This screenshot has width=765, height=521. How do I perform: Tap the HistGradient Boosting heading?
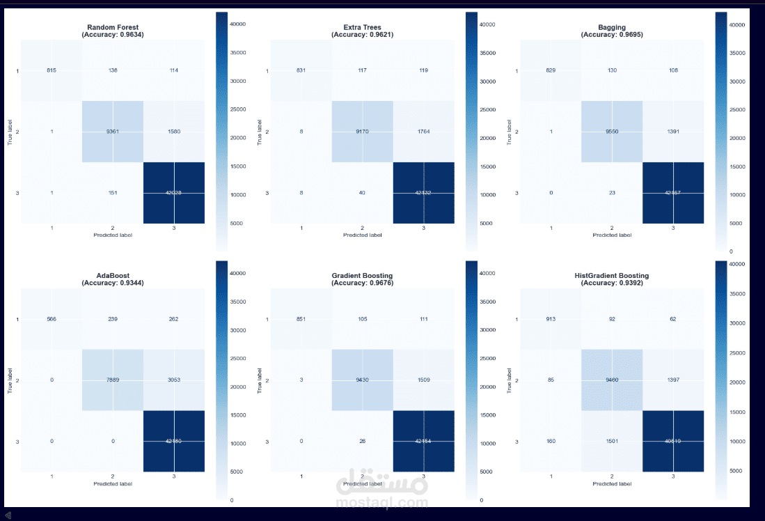pos(613,276)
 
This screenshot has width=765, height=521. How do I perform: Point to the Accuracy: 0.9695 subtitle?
pos(613,34)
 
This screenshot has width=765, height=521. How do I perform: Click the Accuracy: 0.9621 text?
pos(363,34)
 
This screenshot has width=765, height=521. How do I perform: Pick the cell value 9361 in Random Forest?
pos(113,132)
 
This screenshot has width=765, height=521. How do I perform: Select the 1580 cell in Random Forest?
pos(174,132)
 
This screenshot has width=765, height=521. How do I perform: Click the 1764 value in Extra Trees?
pos(423,132)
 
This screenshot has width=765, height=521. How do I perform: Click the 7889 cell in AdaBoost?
pos(113,380)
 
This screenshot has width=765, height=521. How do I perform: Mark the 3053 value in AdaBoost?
pos(174,380)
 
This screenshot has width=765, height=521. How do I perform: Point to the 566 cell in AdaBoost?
pos(52,320)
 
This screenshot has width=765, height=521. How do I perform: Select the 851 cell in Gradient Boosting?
pos(301,320)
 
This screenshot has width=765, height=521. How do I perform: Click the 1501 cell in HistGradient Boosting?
pos(613,441)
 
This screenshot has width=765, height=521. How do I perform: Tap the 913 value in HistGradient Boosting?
pos(551,320)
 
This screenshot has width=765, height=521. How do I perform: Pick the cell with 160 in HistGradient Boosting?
pos(551,441)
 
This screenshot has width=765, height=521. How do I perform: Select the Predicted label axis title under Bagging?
pos(613,235)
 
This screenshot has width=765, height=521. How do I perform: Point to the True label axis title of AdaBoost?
pos(10,380)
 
